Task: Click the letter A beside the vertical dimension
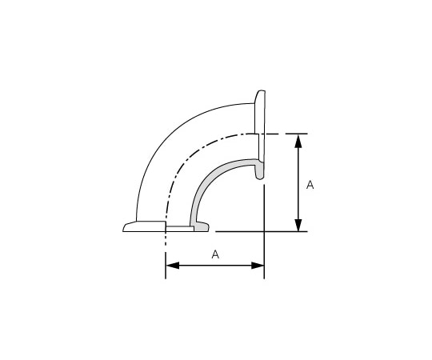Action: [310, 185]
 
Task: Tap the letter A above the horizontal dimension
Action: [215, 254]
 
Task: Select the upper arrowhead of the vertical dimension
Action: [298, 141]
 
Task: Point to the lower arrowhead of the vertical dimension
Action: [298, 224]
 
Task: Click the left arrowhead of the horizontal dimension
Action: [173, 266]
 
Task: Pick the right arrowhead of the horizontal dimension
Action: [258, 266]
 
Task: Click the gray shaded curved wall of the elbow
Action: [210, 181]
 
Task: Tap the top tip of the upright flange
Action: [261, 90]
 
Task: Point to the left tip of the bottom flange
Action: [123, 230]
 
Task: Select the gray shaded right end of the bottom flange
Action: [202, 226]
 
